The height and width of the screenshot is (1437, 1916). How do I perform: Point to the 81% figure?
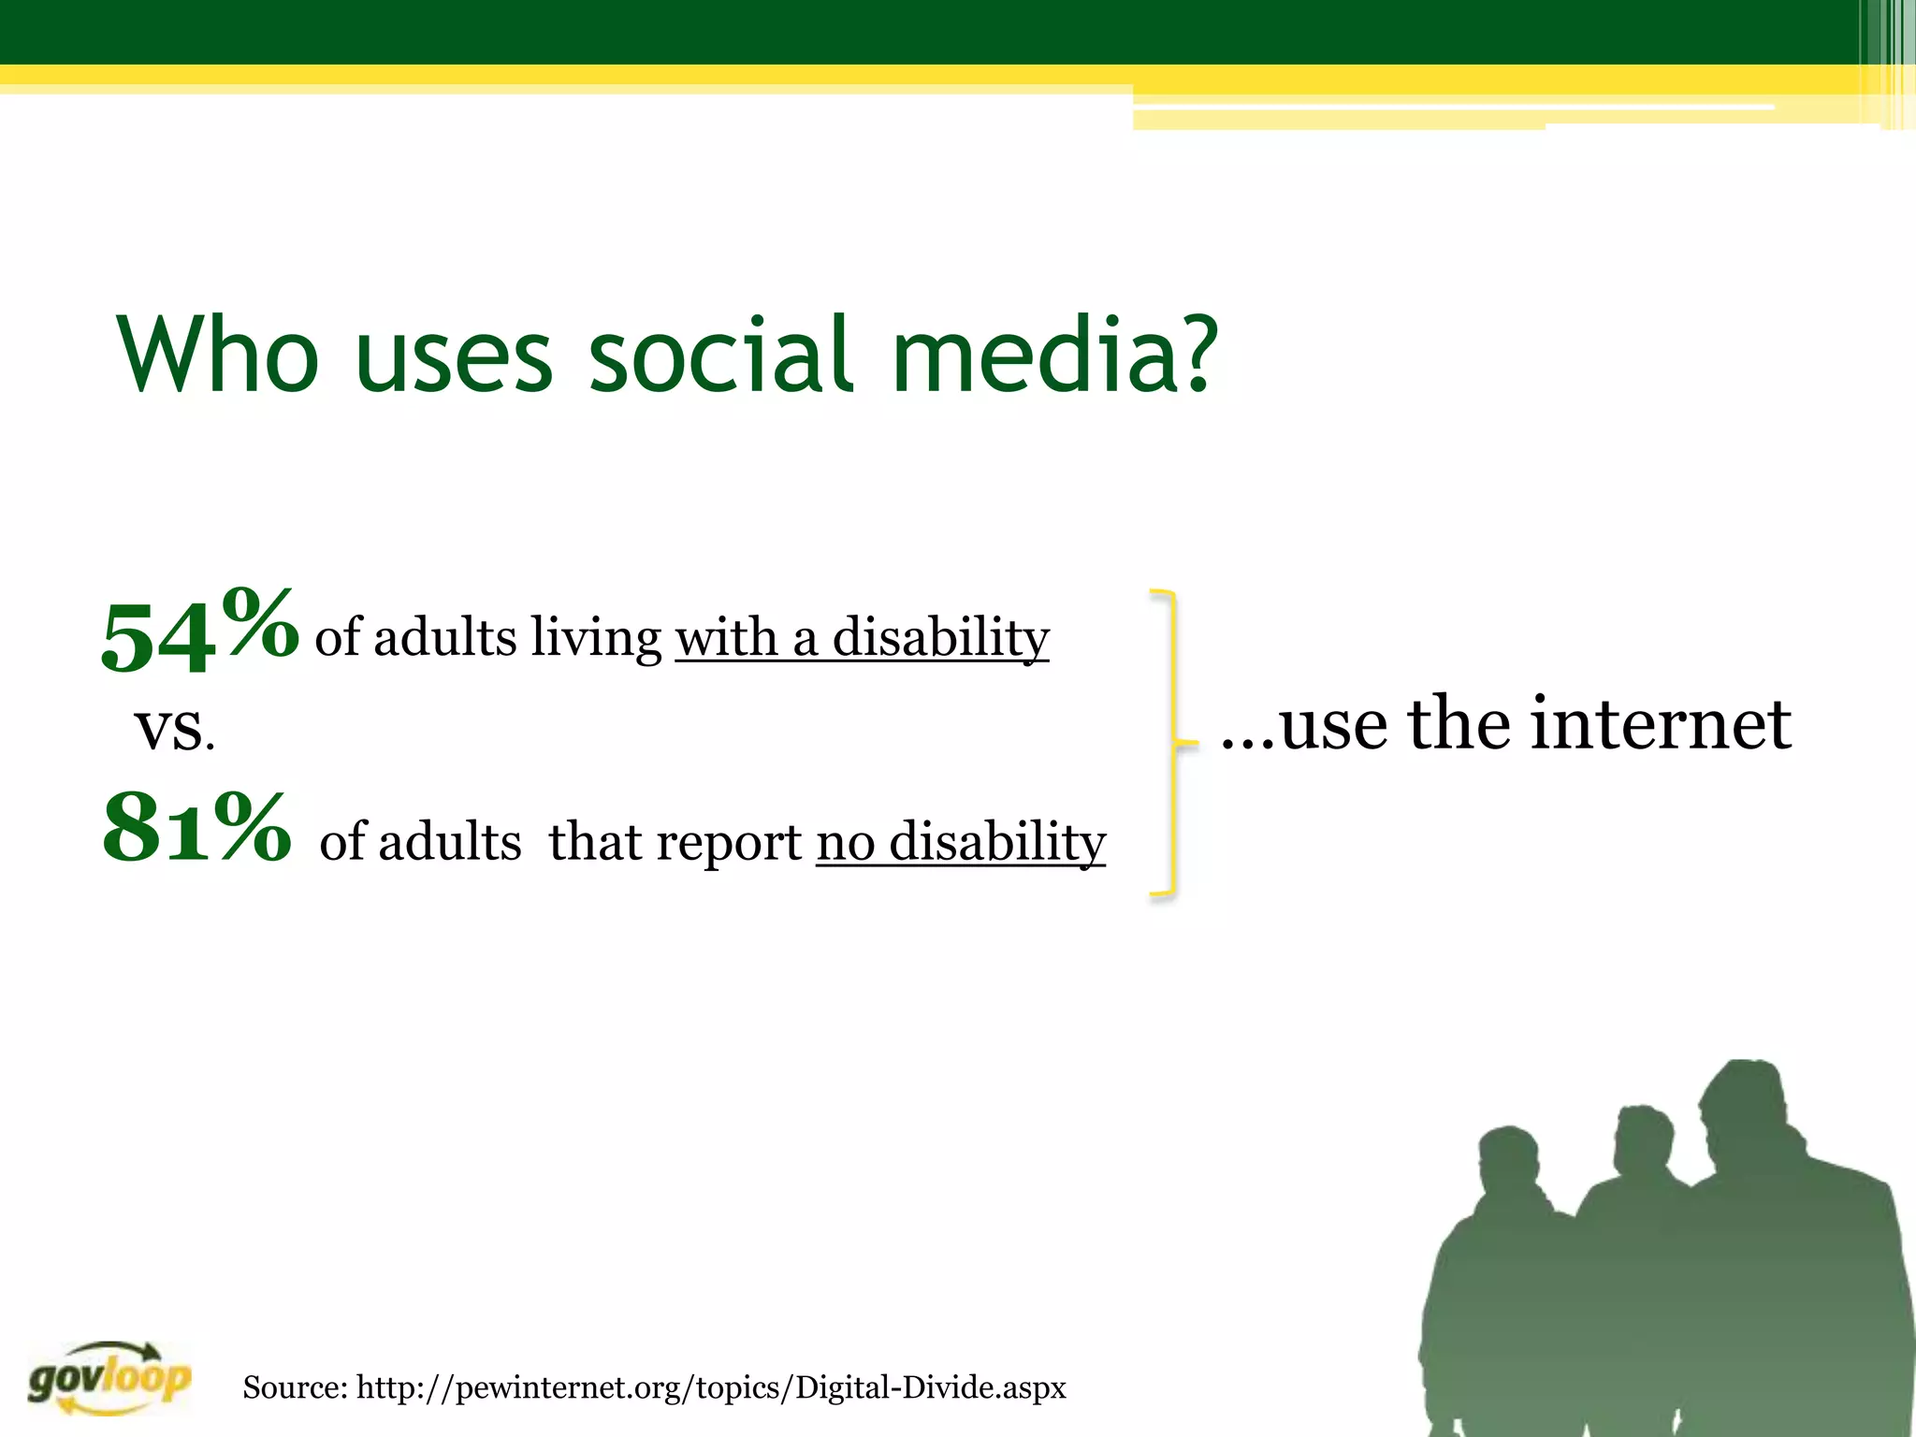pos(196,829)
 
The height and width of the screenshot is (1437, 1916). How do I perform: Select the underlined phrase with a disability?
pos(862,639)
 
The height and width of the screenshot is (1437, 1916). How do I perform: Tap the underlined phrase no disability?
pos(961,842)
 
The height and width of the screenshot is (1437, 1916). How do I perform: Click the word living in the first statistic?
pos(596,639)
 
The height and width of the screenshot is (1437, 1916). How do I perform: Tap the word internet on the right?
pos(1661,725)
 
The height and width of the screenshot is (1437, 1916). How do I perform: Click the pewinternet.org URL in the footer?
pos(711,1387)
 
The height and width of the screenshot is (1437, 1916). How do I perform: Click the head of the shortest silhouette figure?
pos(1508,1165)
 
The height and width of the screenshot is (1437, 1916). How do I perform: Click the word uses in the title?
pos(454,356)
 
